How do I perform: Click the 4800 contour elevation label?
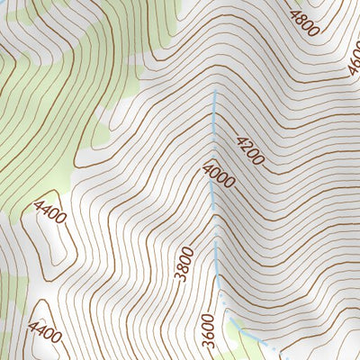[303, 20]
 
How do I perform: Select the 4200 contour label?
[250, 150]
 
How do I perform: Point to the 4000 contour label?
[219, 175]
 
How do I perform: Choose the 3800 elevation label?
[185, 264]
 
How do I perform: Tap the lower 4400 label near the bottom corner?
[46, 333]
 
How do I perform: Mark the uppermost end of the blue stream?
[215, 92]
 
